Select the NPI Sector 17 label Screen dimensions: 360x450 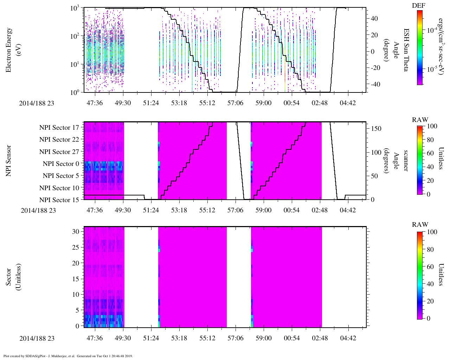[59, 128]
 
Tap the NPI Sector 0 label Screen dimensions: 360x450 [61, 164]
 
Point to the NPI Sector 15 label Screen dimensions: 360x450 [59, 200]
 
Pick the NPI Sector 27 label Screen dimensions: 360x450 [59, 152]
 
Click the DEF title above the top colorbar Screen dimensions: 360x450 [418, 6]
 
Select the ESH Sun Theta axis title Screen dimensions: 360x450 [406, 50]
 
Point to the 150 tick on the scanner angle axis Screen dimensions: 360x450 [376, 129]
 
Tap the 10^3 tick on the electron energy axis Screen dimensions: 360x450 [75, 8]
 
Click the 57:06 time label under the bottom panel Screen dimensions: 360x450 [235, 338]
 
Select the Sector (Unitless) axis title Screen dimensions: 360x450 [13, 277]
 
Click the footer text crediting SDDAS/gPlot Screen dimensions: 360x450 [68, 356]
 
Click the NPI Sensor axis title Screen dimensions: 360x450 [8, 161]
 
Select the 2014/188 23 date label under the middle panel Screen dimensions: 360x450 [38, 210]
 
